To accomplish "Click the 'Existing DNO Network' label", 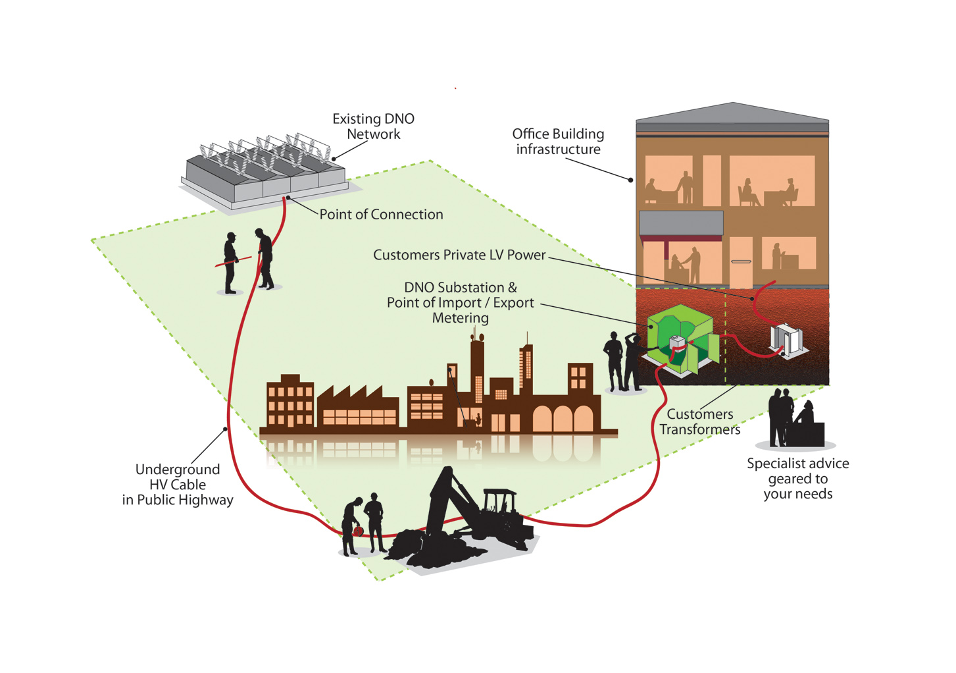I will [x=373, y=126].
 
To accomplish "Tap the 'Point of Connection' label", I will [x=381, y=215].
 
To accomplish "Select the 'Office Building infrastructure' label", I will [x=558, y=142].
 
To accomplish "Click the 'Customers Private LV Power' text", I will [x=459, y=255].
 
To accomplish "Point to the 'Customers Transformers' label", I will [x=699, y=421].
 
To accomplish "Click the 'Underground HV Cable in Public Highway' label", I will [x=178, y=485].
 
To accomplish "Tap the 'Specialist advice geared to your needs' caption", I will [x=797, y=479].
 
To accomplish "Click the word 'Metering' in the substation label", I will [x=460, y=318].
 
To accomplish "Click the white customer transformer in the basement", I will [x=788, y=338].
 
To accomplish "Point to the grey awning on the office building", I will [x=681, y=223].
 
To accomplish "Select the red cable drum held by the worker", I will [x=358, y=530].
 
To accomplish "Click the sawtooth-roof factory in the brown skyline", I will [x=358, y=408].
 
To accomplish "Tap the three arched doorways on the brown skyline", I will [x=563, y=419].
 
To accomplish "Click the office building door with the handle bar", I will [x=741, y=262].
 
